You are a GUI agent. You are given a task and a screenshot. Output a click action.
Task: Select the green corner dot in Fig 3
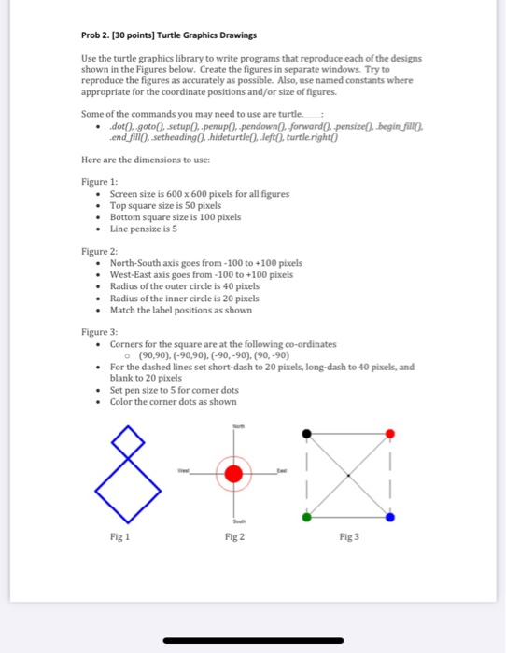pyautogui.click(x=305, y=517)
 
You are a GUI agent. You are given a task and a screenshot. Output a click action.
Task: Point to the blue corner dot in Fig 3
pyautogui.click(x=390, y=517)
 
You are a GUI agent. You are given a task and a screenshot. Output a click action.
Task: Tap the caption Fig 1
pyautogui.click(x=120, y=537)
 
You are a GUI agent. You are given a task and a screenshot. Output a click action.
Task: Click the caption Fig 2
pyautogui.click(x=234, y=537)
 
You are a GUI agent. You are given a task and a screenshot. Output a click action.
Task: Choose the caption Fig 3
pyautogui.click(x=348, y=537)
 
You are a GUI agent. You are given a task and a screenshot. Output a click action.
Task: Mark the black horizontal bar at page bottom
pyautogui.click(x=252, y=641)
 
